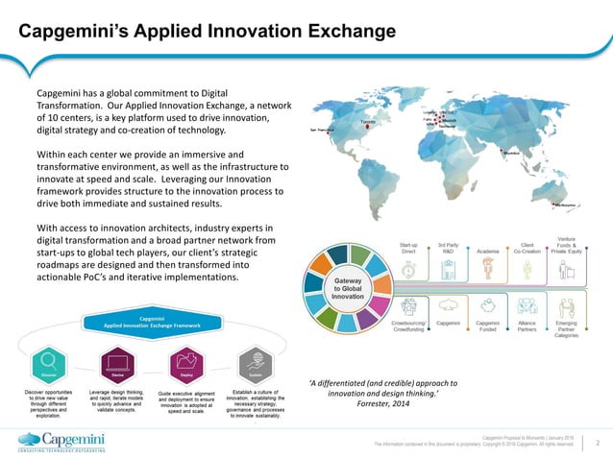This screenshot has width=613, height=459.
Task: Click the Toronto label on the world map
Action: (x=368, y=123)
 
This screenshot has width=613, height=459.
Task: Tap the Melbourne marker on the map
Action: (x=564, y=205)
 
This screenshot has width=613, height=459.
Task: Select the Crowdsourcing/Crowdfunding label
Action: (x=408, y=328)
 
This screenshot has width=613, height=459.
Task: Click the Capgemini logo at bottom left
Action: (x=63, y=441)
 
